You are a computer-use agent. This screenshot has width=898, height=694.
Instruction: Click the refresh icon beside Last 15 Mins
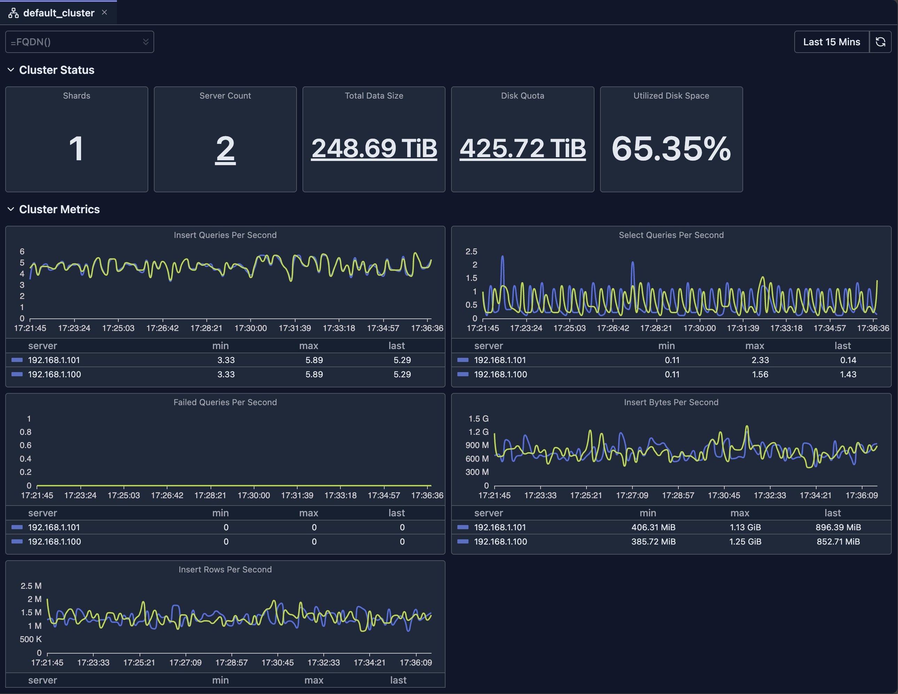[880, 42]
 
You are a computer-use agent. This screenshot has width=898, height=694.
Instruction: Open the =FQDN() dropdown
[79, 42]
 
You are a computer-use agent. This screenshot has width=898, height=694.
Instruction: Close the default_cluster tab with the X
[104, 12]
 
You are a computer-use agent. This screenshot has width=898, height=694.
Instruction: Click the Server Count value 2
[225, 149]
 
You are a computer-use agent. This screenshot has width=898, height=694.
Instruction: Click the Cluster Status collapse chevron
[11, 70]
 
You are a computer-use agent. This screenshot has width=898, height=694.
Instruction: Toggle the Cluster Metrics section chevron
[11, 209]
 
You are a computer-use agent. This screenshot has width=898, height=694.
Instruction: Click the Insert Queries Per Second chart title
[225, 235]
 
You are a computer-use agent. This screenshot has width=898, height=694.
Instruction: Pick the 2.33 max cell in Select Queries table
[760, 360]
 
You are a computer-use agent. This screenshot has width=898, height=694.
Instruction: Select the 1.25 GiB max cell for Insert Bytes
[745, 542]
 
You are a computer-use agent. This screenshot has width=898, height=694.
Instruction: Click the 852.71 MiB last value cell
[838, 542]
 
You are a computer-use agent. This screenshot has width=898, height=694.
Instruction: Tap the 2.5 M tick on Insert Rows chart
[31, 586]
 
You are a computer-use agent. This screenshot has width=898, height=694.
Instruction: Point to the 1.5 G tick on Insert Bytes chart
[478, 419]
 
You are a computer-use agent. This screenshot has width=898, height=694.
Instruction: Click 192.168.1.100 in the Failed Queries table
[54, 542]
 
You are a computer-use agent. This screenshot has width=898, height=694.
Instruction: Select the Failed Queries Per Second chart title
[225, 402]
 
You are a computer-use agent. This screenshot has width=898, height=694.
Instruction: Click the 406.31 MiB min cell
[653, 527]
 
